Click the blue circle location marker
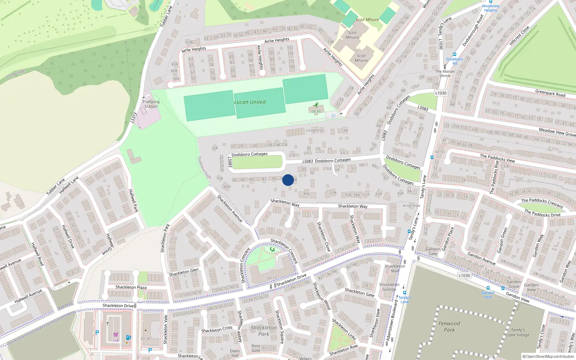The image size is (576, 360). click(x=288, y=180)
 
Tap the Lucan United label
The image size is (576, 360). click(x=250, y=102)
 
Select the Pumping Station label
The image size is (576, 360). click(x=151, y=104)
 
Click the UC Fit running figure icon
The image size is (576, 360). click(x=316, y=105)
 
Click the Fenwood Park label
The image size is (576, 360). click(x=449, y=327)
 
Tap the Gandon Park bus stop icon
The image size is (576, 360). click(x=488, y=288)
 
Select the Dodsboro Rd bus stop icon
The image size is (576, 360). click(x=455, y=54)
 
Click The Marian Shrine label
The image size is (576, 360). click(x=445, y=73)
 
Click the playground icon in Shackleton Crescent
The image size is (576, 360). click(x=272, y=249)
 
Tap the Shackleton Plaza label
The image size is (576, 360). click(x=131, y=287)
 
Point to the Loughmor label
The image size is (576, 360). click(x=315, y=130)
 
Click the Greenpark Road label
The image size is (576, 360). click(x=550, y=93)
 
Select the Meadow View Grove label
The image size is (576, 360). click(x=557, y=132)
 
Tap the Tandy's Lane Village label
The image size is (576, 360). click(x=518, y=332)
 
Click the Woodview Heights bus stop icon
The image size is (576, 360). click(x=490, y=1)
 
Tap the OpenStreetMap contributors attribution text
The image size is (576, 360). click(x=548, y=356)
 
